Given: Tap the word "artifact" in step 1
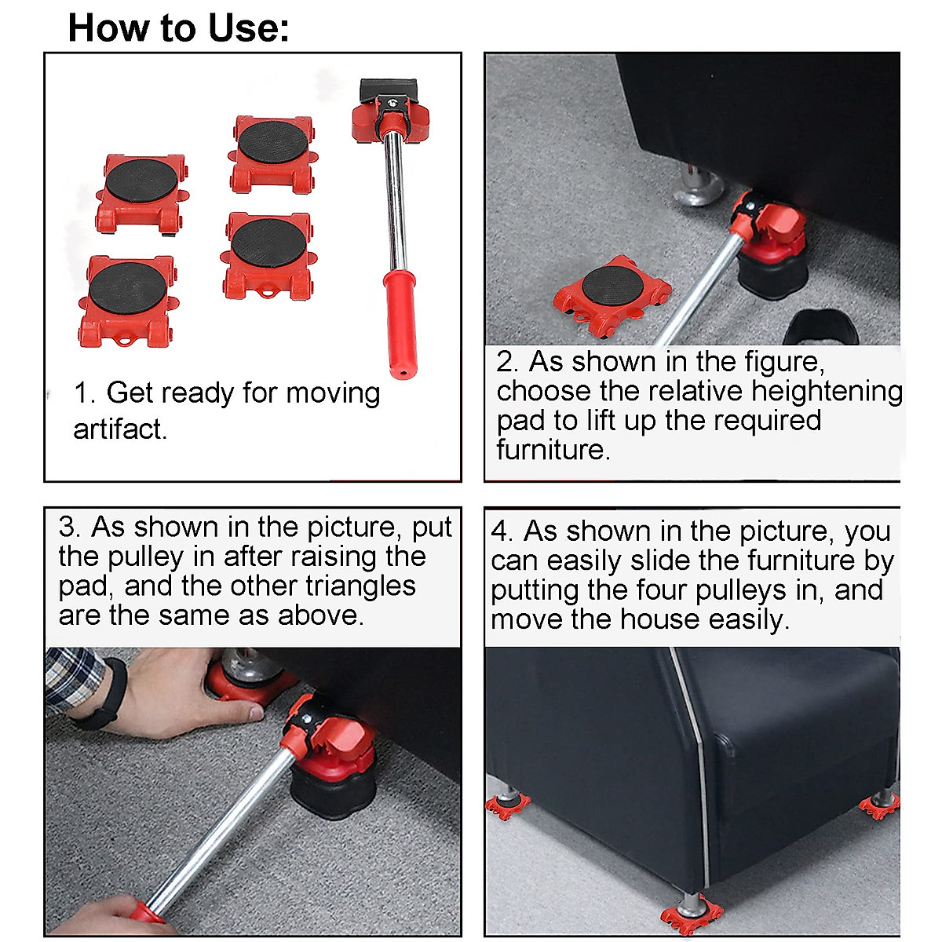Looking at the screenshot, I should coord(119,429).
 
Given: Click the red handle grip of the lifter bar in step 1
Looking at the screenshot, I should coord(400,322).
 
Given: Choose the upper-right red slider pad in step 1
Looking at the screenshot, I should coord(272,154).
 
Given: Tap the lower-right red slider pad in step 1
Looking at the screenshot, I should coord(267,254).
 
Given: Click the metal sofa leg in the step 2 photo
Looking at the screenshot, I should coord(697,185).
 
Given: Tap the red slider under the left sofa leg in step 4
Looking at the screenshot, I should coord(506,804).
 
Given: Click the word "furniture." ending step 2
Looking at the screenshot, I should coord(553,450).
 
